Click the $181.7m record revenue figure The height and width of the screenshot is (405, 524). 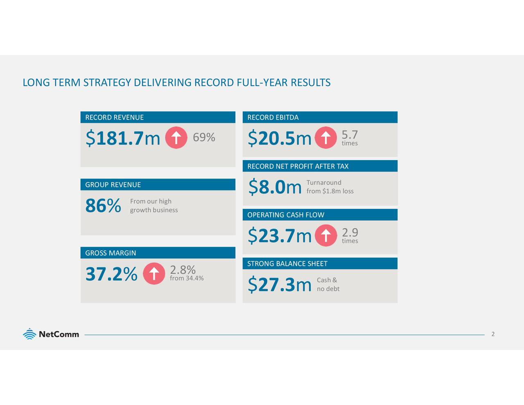pos(122,138)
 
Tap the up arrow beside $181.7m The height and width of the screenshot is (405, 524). pos(176,138)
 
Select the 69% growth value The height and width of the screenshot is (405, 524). pos(204,137)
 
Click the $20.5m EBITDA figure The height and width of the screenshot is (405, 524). pos(280,138)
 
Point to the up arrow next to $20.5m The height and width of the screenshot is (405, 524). pos(326,138)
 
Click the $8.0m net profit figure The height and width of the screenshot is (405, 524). pos(275,187)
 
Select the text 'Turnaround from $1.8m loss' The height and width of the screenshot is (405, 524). pos(330,187)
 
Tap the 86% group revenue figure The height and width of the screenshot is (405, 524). pos(103,206)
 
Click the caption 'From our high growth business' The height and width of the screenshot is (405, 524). pos(154,206)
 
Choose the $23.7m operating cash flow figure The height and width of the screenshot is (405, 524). pos(280,236)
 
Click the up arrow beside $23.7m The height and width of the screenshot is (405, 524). pos(326,235)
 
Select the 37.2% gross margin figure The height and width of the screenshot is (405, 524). pos(111,274)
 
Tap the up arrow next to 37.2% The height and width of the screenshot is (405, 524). pos(154,274)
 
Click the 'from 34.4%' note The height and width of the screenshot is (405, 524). pos(187,278)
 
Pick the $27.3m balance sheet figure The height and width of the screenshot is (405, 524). pos(280,285)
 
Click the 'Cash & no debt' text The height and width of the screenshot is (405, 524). pos(328,284)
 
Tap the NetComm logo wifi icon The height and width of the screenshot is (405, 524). pos(29,334)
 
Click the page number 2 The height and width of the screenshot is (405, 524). pos(493,334)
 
